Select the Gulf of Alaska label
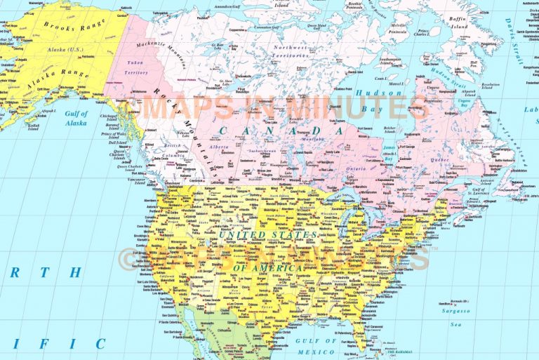pos(76,118)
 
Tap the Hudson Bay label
pos(379,101)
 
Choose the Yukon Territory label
pos(137,67)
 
